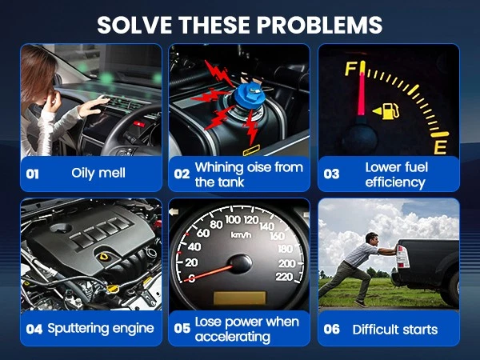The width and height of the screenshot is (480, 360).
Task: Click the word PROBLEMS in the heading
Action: point(319,25)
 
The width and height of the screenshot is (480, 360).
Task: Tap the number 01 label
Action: point(33,174)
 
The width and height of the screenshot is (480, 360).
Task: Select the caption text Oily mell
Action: point(98,173)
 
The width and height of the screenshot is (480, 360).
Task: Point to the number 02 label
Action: point(182,174)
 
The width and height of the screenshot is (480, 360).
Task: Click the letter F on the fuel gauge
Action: point(350,69)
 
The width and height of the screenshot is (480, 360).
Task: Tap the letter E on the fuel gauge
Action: point(440,147)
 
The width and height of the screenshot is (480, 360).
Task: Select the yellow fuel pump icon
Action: point(386,111)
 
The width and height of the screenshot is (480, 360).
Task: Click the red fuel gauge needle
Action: point(362,89)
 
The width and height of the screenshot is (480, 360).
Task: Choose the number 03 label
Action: point(331,174)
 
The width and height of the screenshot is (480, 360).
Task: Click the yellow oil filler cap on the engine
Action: point(104,257)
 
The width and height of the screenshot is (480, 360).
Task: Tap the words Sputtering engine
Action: point(101,329)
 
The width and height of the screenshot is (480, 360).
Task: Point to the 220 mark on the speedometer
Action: point(284,277)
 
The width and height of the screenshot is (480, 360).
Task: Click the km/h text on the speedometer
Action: point(241,235)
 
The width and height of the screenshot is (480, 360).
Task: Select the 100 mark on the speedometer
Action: point(234,219)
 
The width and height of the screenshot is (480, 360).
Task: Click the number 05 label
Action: point(182,329)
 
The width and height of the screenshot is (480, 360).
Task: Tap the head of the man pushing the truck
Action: point(373,238)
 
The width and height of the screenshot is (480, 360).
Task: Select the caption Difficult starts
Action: point(395,330)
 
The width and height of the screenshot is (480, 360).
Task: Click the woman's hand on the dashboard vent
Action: point(94,106)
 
